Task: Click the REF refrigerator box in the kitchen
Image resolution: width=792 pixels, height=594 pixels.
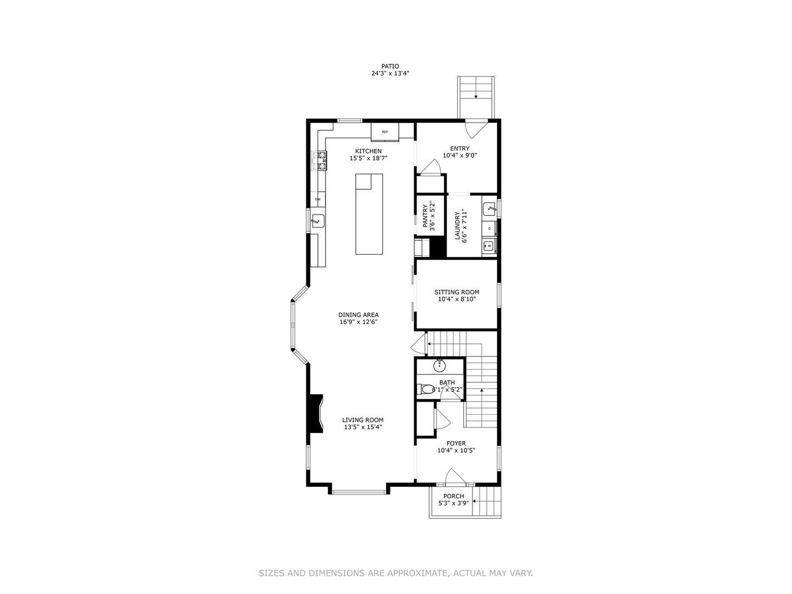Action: coord(384,132)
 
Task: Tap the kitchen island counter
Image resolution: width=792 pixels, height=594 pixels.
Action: coord(369,214)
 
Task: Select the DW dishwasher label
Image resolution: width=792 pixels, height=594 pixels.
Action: coord(318,199)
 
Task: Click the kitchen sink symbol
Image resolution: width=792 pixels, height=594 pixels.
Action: coord(318,221)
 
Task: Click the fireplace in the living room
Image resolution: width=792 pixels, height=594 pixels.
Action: coord(316,414)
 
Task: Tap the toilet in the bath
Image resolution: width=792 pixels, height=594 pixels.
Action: coord(427,389)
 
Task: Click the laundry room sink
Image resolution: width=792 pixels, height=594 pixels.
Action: coord(489,209)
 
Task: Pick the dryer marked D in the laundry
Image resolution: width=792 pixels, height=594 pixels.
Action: coord(489,228)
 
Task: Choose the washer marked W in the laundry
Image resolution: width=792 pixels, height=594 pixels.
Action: coord(489,246)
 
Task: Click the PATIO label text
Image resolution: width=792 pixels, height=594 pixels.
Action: coord(390,66)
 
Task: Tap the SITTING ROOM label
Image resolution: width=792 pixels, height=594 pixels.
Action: coord(457,292)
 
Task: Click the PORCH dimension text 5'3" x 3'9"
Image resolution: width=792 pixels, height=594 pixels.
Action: coord(453,503)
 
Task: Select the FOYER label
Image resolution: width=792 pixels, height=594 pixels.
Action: coord(456,443)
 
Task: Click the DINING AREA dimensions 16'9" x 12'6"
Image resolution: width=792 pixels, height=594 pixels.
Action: coord(358,322)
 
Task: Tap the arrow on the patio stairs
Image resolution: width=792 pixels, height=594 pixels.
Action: coord(476,96)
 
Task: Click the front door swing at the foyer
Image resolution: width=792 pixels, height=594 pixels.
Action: coord(455,476)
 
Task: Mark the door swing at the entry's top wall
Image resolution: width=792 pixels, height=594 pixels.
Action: coord(474,130)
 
